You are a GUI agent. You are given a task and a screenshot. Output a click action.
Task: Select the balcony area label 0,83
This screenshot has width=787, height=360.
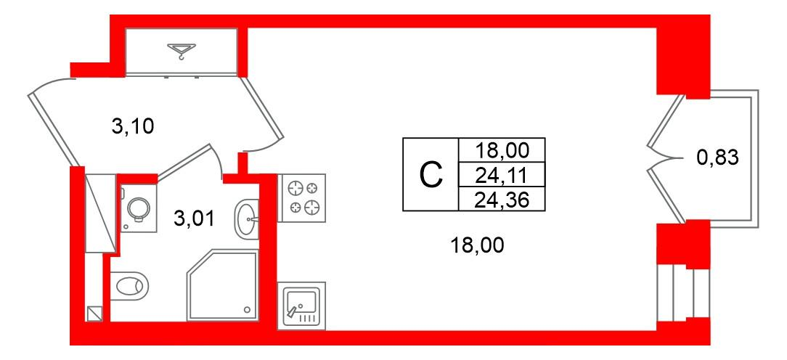(x=717, y=157)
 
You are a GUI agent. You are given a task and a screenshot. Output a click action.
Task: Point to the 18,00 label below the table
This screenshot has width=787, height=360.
(x=477, y=246)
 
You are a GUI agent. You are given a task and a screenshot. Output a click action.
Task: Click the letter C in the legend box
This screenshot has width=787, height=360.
(x=431, y=175)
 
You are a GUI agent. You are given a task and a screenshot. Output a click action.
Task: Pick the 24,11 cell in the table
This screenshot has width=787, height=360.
(x=502, y=174)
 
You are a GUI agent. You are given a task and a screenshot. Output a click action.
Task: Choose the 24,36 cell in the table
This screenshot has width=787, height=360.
(x=502, y=198)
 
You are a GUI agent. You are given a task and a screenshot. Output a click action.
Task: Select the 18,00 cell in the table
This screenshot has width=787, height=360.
(x=502, y=151)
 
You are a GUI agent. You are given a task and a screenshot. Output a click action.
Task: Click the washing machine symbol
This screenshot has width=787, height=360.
(x=136, y=208)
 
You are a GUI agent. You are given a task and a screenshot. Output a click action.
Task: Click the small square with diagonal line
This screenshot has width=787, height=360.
(x=94, y=314)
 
